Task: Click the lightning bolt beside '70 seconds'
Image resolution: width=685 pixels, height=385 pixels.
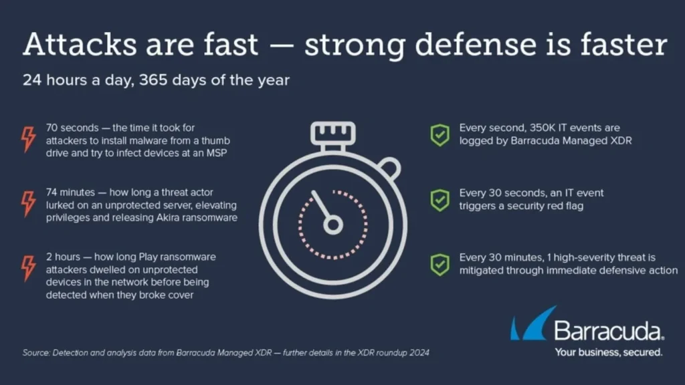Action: [29, 139]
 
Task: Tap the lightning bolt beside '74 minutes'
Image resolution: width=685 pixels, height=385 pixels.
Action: [29, 203]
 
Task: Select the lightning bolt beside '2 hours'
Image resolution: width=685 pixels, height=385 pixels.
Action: [29, 268]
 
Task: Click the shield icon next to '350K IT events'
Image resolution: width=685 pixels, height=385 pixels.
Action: [440, 135]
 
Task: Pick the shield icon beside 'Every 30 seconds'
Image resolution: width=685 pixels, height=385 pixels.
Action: [440, 201]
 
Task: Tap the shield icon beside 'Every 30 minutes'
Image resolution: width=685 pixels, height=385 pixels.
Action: [440, 265]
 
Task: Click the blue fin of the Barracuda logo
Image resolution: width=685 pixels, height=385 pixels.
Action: [534, 324]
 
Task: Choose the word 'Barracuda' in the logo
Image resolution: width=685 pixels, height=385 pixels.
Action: [608, 331]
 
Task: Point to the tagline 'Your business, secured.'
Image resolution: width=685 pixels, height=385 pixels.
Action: [609, 352]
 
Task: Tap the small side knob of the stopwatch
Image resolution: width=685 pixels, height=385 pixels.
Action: [390, 168]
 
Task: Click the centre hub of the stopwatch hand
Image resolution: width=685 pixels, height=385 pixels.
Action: [333, 225]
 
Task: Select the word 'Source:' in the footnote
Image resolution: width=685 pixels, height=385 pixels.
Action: [36, 353]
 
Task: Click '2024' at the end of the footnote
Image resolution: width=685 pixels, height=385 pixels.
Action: [419, 353]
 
